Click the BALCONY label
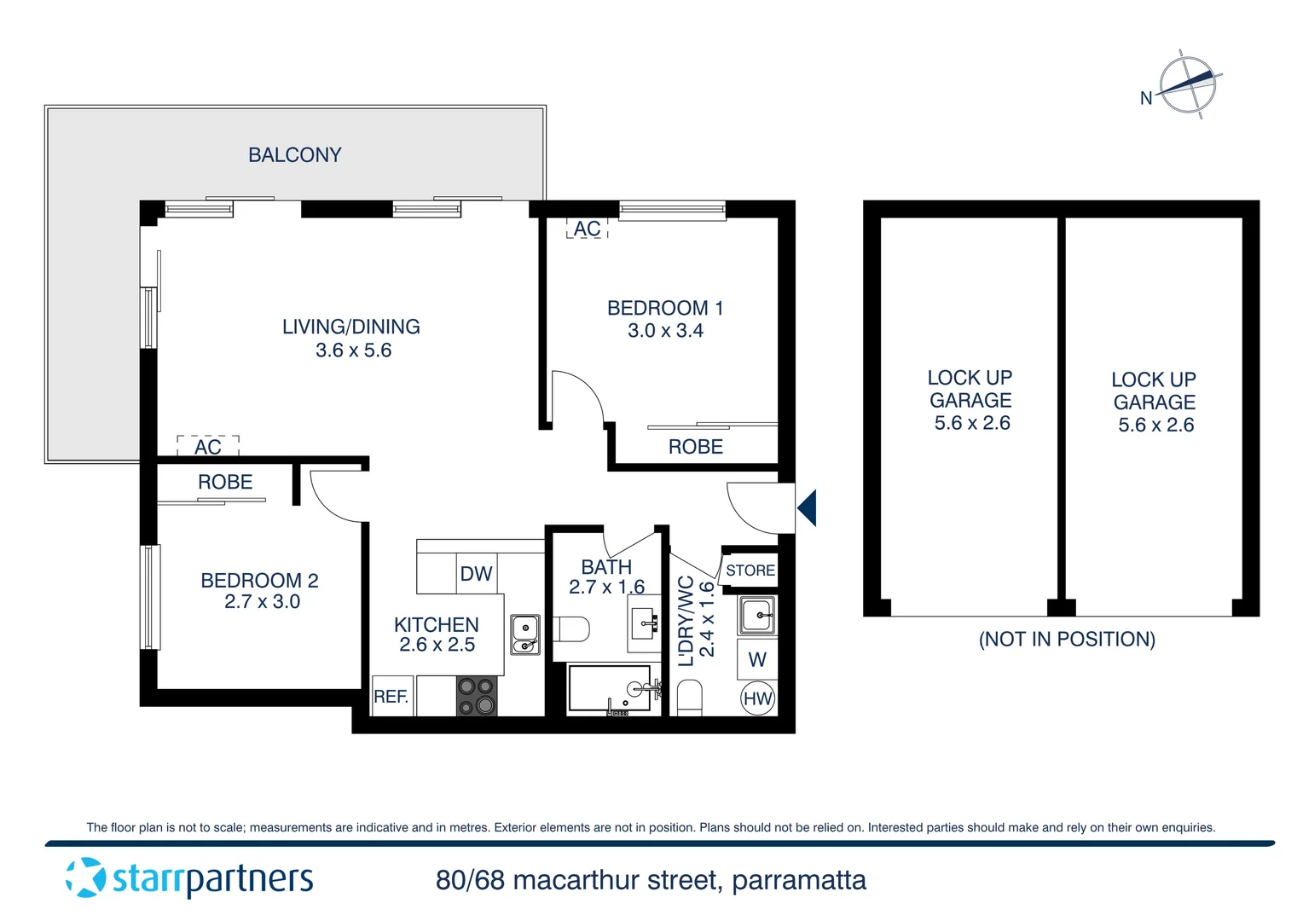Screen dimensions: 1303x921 coord(294,154)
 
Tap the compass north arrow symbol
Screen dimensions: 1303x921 coord(1187,85)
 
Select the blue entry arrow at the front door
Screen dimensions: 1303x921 coord(807,508)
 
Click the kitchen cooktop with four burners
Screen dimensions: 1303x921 coord(477,696)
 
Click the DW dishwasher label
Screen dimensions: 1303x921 coord(476,574)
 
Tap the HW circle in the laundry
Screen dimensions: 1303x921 coord(757,698)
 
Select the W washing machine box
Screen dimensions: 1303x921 coord(756,659)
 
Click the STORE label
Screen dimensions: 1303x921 coord(750,571)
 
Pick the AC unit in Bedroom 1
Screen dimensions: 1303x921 coord(587,229)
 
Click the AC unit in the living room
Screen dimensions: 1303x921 coord(208,446)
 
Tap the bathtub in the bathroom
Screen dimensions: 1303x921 coord(610,688)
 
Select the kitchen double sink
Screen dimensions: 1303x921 coord(525,634)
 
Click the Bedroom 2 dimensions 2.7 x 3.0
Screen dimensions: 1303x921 coord(263,601)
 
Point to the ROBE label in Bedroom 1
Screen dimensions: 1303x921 coord(696,447)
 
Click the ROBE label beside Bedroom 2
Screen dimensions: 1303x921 coord(225,482)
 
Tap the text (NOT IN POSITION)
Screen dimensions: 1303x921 coord(1067,639)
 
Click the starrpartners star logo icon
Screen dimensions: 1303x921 coord(85,878)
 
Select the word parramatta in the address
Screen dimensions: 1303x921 coord(799,880)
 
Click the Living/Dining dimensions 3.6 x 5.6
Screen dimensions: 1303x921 coord(354,350)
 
